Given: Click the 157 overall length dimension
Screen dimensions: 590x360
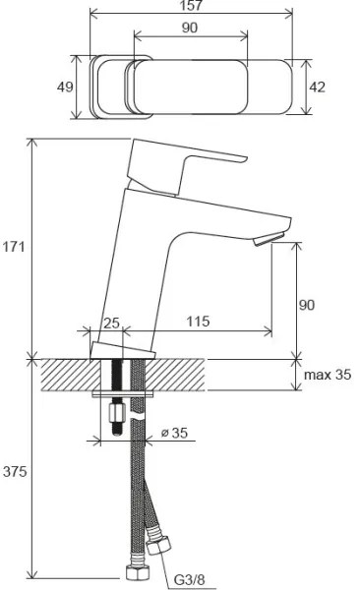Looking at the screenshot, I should click(x=190, y=8).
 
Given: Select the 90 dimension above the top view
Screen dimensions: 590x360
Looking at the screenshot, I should click(x=190, y=28).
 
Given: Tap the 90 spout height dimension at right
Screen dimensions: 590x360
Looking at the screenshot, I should click(x=308, y=305).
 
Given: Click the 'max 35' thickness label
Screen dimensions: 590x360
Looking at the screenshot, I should click(x=327, y=375).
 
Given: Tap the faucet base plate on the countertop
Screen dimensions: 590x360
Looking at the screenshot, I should click(x=123, y=351).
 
